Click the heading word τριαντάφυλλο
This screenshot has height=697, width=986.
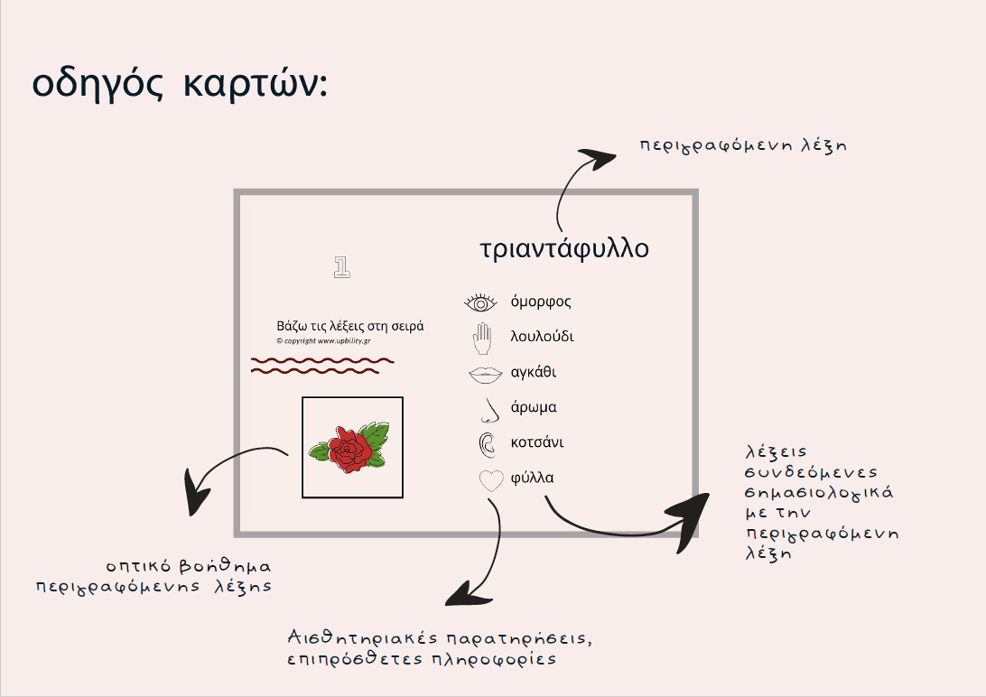tap(564, 248)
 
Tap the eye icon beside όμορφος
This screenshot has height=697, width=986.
tap(481, 302)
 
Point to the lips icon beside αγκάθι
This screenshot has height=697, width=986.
tap(485, 372)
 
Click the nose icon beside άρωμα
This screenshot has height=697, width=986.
tap(488, 410)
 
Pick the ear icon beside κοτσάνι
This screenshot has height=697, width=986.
tap(487, 443)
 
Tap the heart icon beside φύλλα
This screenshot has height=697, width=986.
tap(490, 480)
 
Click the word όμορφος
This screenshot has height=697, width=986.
tap(541, 302)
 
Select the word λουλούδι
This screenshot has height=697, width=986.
tap(542, 337)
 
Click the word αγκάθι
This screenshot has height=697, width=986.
tap(534, 372)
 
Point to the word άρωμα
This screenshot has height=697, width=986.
tap(534, 407)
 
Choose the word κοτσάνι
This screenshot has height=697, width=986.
tap(536, 442)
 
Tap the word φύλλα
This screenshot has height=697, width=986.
tap(532, 478)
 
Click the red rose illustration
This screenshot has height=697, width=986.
tap(348, 448)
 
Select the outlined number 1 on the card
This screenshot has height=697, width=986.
tap(341, 266)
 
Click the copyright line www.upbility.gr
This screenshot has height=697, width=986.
tap(323, 340)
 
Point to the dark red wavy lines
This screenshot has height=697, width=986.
tap(321, 365)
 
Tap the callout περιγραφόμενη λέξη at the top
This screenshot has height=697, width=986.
tap(743, 144)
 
